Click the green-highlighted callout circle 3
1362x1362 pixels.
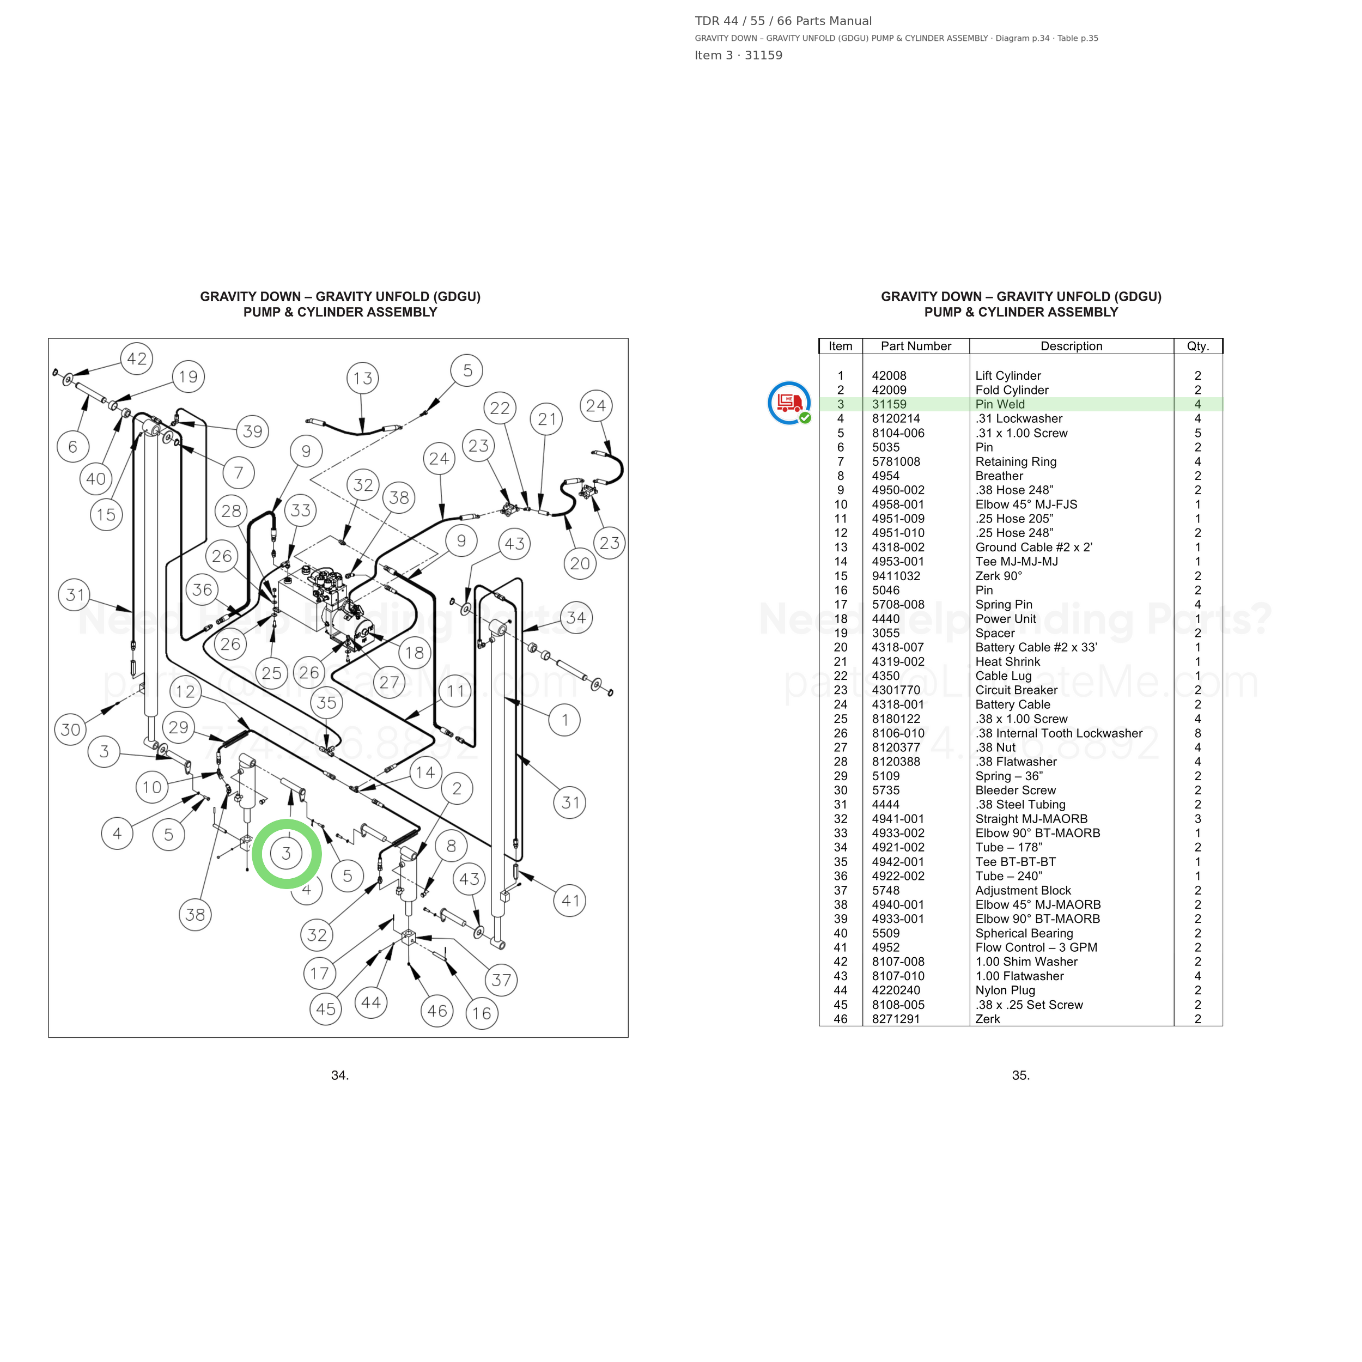[286, 854]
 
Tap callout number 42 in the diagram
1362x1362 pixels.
[137, 359]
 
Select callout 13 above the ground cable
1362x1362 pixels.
[363, 379]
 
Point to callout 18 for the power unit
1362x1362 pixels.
[415, 653]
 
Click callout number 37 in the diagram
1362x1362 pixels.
[501, 980]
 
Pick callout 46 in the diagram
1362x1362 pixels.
[437, 1011]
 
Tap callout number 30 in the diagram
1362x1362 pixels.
[70, 729]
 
